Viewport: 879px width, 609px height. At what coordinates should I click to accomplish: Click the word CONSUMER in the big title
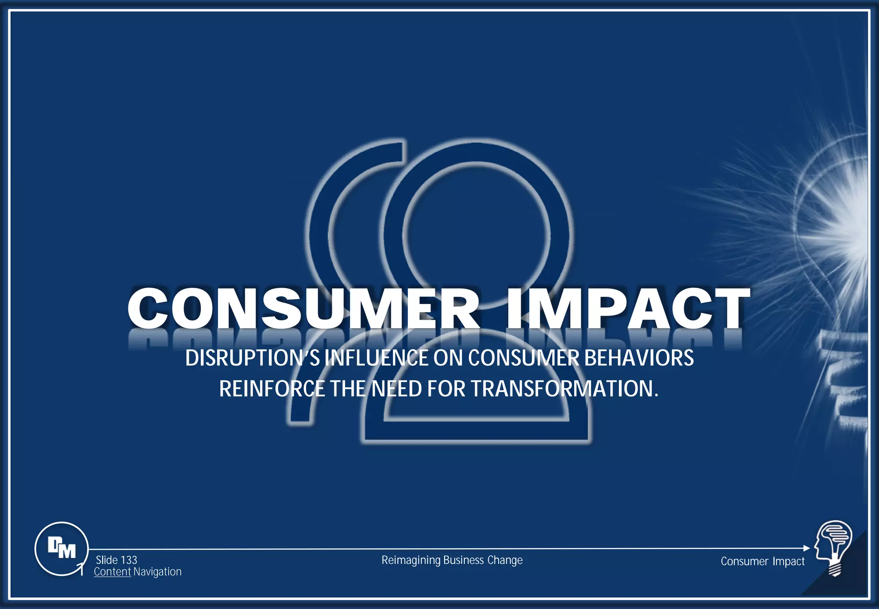click(303, 308)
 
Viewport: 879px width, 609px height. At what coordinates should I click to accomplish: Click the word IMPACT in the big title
click(627, 308)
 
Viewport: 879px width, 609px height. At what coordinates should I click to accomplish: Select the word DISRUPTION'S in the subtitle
click(252, 358)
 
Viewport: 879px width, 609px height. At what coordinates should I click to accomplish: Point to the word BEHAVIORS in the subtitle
click(639, 358)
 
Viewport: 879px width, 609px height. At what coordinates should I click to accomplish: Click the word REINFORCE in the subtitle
click(272, 389)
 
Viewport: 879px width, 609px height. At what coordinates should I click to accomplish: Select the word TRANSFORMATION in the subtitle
click(562, 389)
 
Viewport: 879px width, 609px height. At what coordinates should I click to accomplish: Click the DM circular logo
click(61, 548)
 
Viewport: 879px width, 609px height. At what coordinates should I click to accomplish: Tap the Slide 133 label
click(116, 560)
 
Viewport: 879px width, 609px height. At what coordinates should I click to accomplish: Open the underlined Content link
click(112, 572)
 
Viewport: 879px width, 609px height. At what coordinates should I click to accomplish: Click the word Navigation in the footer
click(157, 572)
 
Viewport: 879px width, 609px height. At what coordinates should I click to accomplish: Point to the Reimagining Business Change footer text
click(452, 560)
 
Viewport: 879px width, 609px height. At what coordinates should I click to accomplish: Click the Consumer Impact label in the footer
click(762, 561)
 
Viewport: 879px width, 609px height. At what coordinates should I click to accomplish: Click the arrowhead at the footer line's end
click(806, 548)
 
